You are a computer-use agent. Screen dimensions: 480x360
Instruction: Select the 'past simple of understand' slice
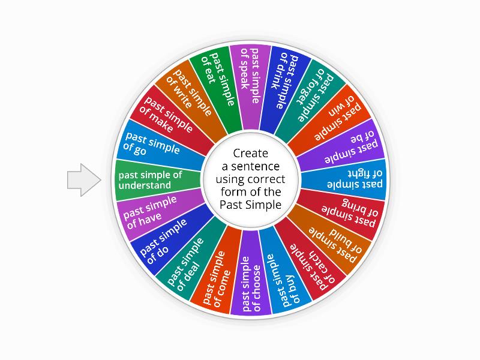point(157,179)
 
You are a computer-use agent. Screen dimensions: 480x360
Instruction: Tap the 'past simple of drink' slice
point(281,81)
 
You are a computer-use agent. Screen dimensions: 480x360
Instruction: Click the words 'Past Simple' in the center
point(250,205)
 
